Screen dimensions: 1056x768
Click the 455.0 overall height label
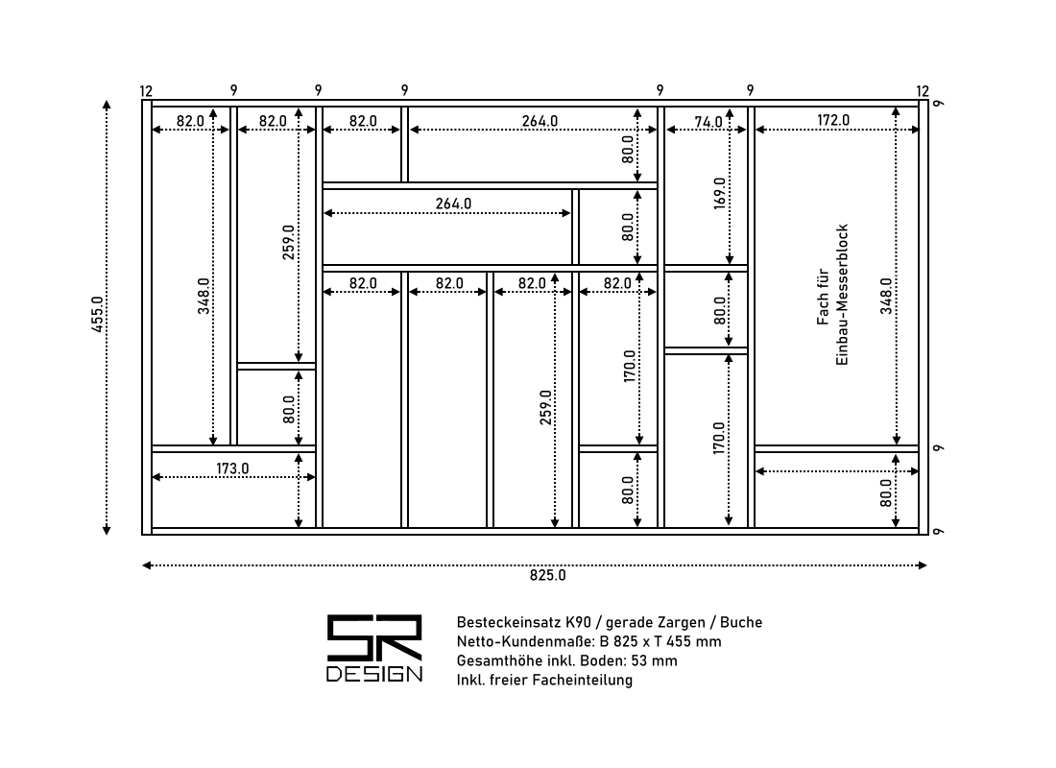(x=98, y=315)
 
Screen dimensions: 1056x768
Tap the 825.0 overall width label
(x=547, y=575)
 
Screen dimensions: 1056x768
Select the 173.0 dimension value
(x=232, y=468)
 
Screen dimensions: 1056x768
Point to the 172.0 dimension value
(x=833, y=120)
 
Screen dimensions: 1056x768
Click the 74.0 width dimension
(x=708, y=122)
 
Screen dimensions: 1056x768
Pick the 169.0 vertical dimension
(x=720, y=194)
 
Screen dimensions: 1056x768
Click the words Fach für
(x=823, y=297)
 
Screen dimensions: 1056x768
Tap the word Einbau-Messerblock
(x=842, y=295)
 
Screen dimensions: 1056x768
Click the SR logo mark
(x=374, y=637)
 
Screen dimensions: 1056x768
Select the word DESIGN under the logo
(x=374, y=674)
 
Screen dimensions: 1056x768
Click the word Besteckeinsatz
(x=509, y=622)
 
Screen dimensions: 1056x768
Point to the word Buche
(x=741, y=622)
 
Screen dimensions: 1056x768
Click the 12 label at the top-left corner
(x=146, y=91)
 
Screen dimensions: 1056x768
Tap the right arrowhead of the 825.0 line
(x=924, y=565)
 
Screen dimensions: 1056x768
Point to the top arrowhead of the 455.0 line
(x=107, y=105)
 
